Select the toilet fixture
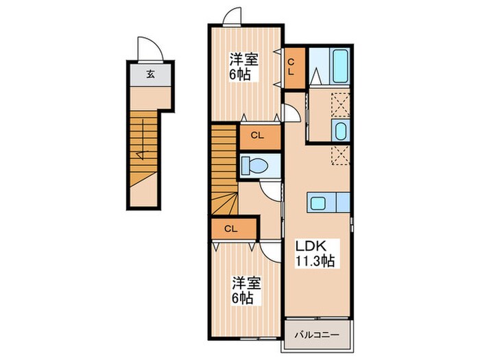(x=256, y=165)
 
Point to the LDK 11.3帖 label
(x=315, y=253)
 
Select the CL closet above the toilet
(x=259, y=136)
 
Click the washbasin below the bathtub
(x=340, y=130)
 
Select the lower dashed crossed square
(x=340, y=154)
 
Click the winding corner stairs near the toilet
(x=224, y=201)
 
